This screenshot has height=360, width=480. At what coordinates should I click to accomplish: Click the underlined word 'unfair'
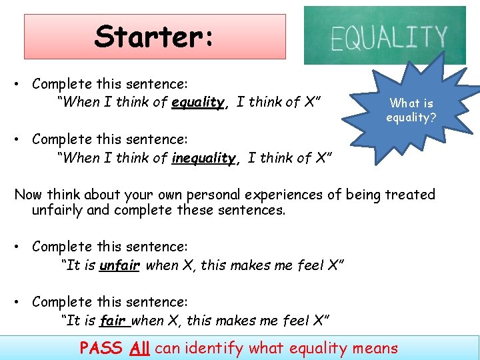(119, 265)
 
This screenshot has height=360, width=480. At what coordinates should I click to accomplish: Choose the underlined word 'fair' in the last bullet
(113, 320)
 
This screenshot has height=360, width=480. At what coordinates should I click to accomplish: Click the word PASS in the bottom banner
(101, 347)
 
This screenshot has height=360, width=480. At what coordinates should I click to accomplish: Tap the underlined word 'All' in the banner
(139, 347)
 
